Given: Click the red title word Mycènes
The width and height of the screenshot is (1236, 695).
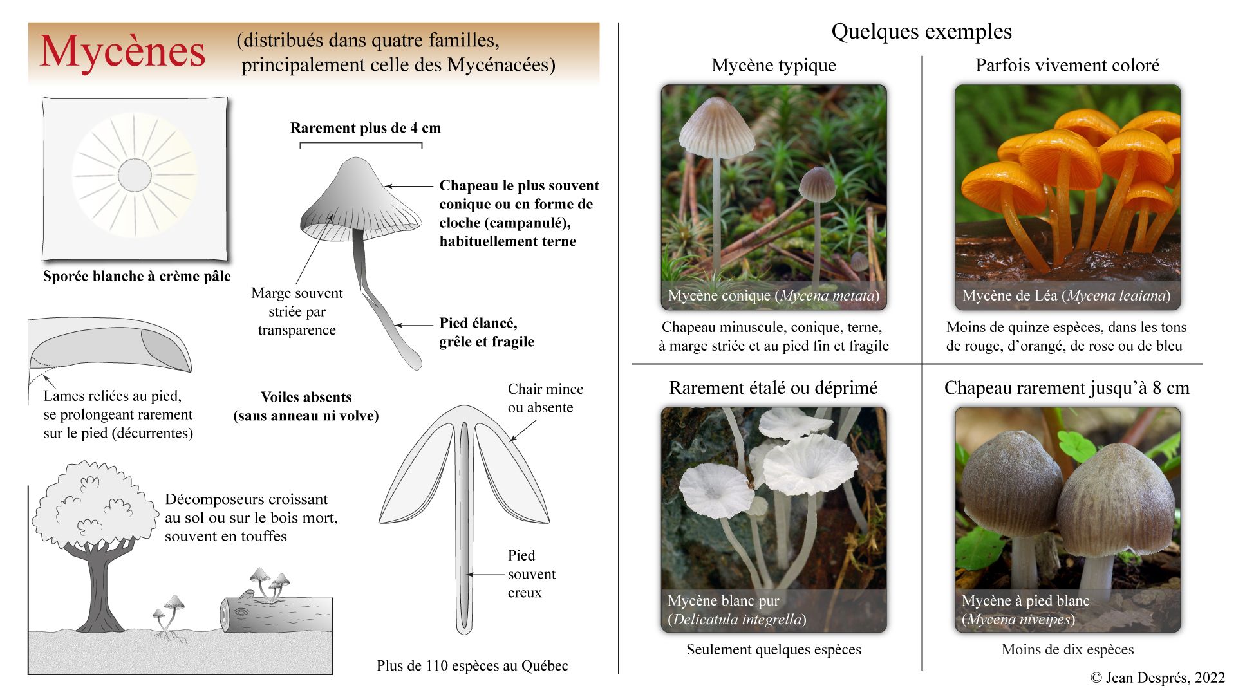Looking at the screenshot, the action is pos(122,51).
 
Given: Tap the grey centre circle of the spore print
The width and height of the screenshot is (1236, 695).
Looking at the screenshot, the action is pos(135,174).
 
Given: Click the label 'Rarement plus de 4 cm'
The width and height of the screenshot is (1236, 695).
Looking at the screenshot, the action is pos(365,128).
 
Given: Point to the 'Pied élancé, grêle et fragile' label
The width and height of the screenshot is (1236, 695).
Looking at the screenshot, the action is pos(486,332).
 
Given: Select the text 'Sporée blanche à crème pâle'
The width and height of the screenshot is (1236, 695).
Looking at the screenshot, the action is pos(136,276).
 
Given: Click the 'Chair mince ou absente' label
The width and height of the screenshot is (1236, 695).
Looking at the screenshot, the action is pos(545,398).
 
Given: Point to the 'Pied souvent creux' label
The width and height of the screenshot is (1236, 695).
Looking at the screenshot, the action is pos(531,574).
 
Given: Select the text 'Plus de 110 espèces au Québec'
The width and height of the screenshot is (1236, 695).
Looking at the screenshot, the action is pos(472,665).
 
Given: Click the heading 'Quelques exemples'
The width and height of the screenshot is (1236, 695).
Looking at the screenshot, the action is pos(921,32).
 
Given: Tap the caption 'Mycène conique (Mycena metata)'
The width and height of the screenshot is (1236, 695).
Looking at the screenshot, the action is pos(773,296).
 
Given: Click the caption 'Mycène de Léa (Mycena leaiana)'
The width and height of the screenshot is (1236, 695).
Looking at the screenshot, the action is pos(1066,296).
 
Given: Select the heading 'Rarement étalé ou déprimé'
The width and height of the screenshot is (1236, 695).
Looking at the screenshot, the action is pos(773,388).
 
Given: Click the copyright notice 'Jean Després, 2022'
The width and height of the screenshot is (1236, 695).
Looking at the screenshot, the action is pos(1157,678).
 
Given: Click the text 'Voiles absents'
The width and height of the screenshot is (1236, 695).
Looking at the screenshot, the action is pos(306,397).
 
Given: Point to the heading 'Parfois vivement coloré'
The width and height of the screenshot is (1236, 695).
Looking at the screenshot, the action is pos(1067,66).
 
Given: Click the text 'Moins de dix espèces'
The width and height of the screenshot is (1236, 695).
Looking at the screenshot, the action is pos(1067,649).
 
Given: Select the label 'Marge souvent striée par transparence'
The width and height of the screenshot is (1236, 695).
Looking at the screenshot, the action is pos(297,311).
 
